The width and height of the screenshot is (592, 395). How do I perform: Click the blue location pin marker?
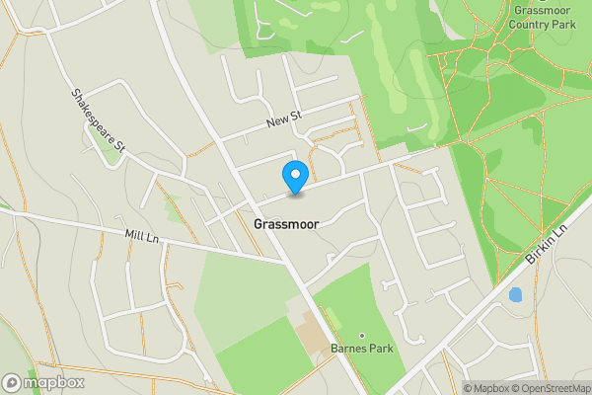coord(294,176)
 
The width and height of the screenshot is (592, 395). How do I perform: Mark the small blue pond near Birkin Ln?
coord(514,294)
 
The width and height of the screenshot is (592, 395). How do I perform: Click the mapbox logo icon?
coord(13,382)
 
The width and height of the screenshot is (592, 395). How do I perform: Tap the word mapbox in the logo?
coord(54,382)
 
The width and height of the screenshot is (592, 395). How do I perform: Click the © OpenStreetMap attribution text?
coord(551,388)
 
